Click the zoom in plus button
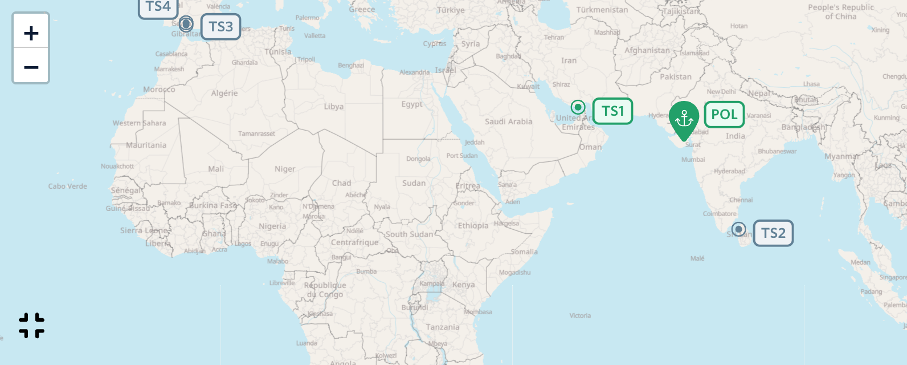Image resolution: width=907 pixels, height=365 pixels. click(31, 33)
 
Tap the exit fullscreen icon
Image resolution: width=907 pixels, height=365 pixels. click(31, 325)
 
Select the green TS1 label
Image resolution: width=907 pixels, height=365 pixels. click(612, 111)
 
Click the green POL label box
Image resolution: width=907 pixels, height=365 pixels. click(724, 115)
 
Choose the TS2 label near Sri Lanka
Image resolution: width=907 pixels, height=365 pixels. click(773, 233)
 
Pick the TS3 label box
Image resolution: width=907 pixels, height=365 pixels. click(220, 27)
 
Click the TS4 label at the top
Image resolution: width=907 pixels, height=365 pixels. click(158, 7)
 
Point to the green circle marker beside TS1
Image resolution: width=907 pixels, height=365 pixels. click(578, 107)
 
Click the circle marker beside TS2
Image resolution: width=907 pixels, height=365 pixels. click(738, 229)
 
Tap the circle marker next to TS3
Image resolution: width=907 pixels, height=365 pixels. click(186, 24)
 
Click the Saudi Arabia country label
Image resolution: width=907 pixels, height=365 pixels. click(508, 121)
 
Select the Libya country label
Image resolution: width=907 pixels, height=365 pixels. click(333, 107)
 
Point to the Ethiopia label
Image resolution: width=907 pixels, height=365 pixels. click(473, 226)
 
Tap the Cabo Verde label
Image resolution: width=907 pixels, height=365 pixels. click(68, 186)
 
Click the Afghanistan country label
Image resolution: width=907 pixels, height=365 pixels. click(647, 50)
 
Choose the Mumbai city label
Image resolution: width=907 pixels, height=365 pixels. click(693, 160)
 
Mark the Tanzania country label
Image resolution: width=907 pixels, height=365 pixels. click(443, 327)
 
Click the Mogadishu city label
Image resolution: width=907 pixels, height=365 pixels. click(514, 273)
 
